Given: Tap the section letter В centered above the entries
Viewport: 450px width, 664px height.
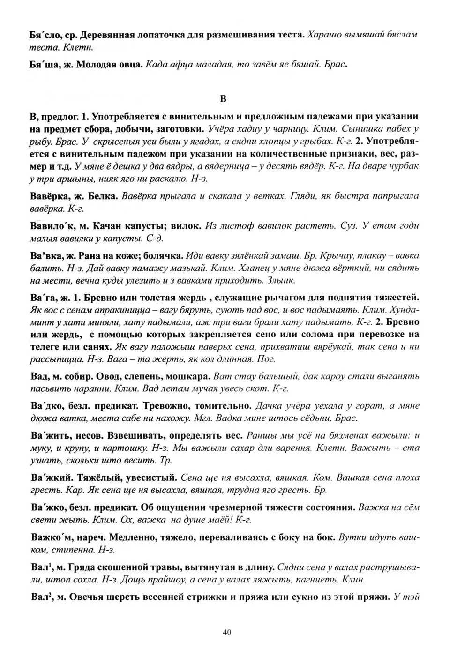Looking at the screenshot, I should point(223,99).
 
